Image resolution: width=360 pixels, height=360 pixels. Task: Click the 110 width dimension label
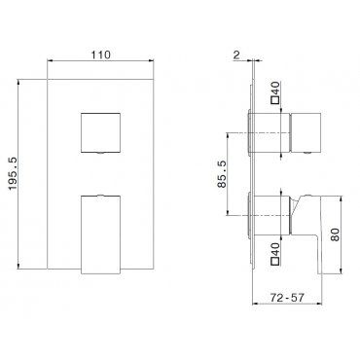coord(100,54)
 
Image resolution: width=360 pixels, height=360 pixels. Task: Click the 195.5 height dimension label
coord(13,173)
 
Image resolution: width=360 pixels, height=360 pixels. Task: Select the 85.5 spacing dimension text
coord(222,173)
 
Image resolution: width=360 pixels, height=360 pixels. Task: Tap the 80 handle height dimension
coord(336,234)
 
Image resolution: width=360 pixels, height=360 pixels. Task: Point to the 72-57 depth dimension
coord(286,298)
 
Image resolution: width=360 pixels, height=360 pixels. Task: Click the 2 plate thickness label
coord(236,55)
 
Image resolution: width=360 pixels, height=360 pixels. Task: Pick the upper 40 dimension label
coord(275,89)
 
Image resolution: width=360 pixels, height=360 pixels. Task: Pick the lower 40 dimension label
coord(275,249)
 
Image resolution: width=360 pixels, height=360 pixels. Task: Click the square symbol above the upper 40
coord(275,100)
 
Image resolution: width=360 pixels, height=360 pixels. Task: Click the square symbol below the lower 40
coord(275,261)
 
